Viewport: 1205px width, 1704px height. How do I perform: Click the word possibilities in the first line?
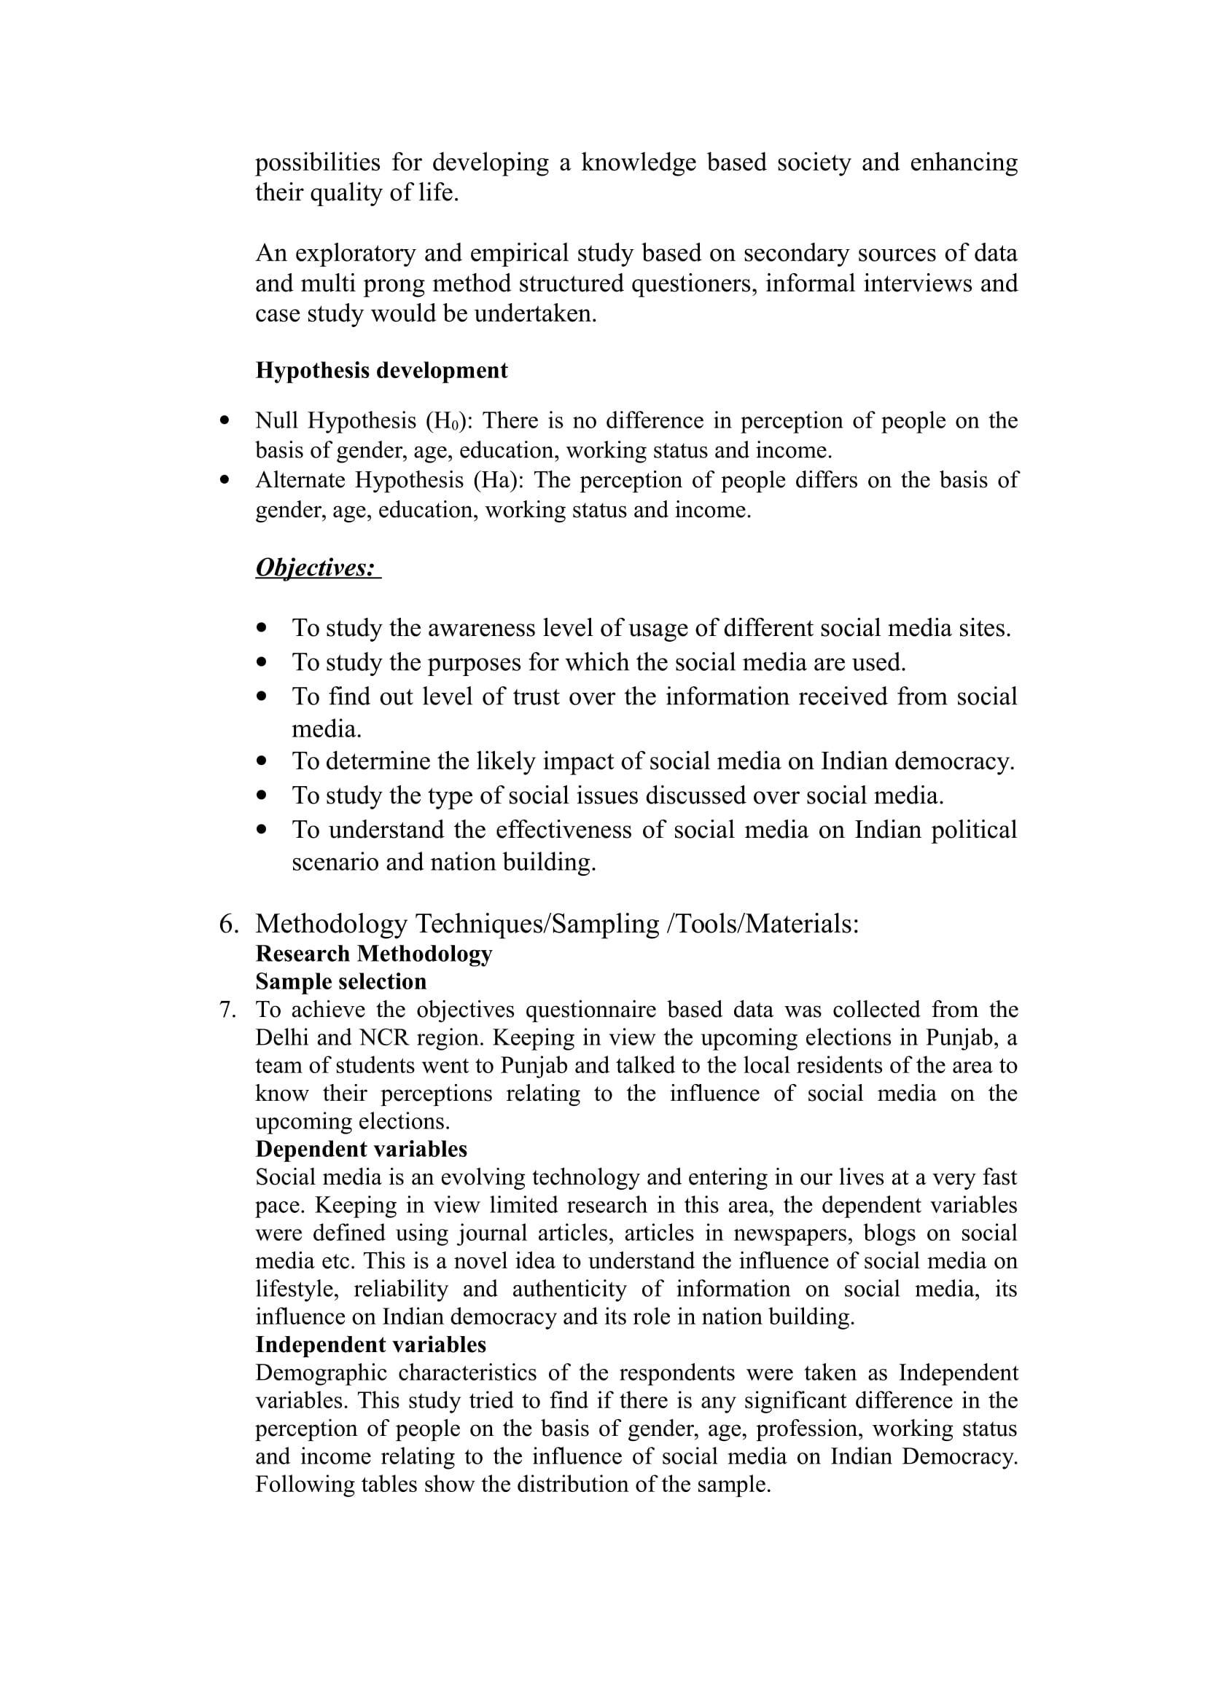coord(318,162)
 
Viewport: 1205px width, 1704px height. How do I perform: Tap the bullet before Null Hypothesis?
coord(225,421)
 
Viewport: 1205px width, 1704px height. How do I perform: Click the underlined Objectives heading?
coord(316,567)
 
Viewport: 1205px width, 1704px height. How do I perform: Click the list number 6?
coord(229,924)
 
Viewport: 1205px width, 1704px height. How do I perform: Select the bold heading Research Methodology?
coord(373,954)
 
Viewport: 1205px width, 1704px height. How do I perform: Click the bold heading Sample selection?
coord(340,982)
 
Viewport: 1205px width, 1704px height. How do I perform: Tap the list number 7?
coord(227,1010)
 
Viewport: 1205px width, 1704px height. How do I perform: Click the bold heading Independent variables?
coord(370,1345)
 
